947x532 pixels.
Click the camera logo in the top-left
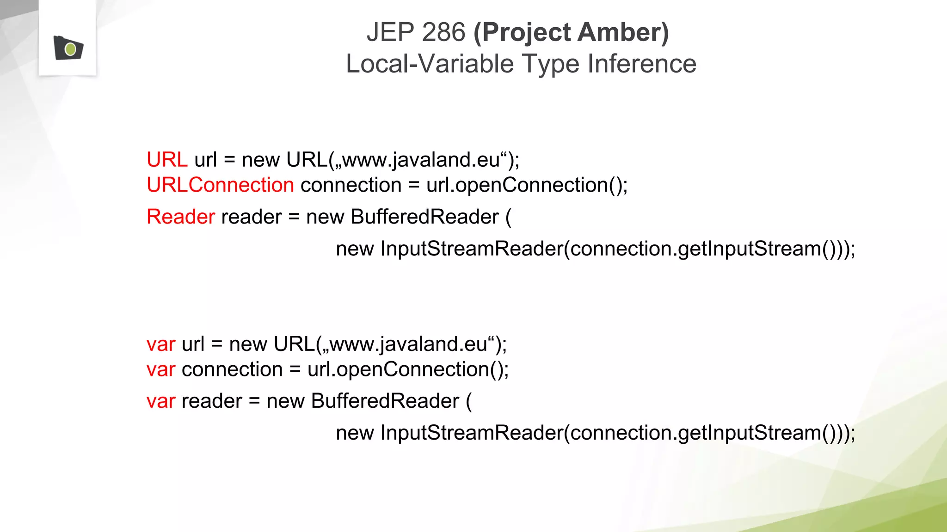(x=68, y=48)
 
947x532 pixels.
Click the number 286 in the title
(x=443, y=32)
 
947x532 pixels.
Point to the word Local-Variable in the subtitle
(x=430, y=64)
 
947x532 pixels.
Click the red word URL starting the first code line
(x=167, y=160)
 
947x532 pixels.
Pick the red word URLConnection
(x=220, y=185)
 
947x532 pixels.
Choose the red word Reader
(x=180, y=217)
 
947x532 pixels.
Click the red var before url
(x=160, y=345)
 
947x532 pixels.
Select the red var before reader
(x=160, y=401)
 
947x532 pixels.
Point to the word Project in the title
(x=522, y=32)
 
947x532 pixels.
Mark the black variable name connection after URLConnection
(x=351, y=185)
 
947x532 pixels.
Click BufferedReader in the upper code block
(x=424, y=217)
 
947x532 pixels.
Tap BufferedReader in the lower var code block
(x=385, y=401)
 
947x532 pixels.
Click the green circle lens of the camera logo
(x=70, y=49)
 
